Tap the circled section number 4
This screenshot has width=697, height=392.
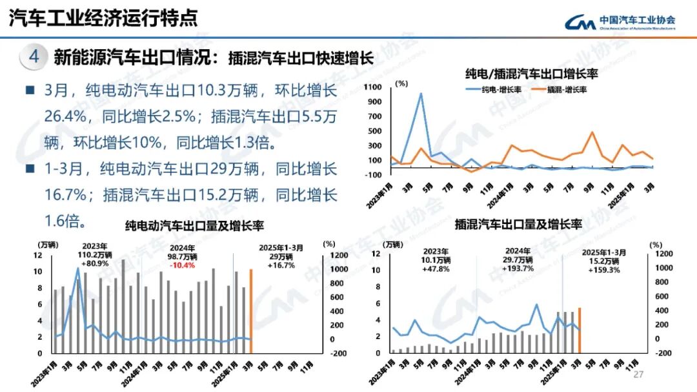pos(34,57)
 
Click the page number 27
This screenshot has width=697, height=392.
pos(639,375)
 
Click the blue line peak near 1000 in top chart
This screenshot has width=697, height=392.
pos(421,94)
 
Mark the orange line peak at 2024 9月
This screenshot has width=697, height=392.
pos(592,132)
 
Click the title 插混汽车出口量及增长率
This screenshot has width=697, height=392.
pos(518,225)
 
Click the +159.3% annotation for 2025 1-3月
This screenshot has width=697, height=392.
pos(603,270)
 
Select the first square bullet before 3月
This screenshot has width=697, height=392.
pos(30,90)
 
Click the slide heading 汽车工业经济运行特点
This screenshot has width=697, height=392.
pos(103,17)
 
